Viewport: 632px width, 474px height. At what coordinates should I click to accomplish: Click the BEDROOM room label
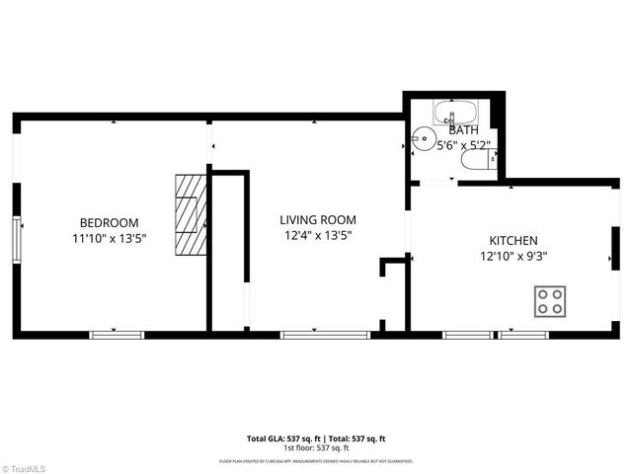(x=109, y=223)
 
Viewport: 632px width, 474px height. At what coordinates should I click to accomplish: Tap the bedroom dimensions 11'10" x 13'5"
(x=109, y=238)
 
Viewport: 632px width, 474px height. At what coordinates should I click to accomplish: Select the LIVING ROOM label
(x=317, y=220)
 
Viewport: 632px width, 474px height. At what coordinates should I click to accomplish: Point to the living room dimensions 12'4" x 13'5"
(x=317, y=235)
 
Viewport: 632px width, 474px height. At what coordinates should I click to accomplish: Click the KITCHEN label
(x=513, y=241)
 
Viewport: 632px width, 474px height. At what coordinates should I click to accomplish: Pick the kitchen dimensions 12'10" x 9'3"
(x=513, y=256)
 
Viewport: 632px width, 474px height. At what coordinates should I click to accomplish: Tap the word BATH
(x=463, y=129)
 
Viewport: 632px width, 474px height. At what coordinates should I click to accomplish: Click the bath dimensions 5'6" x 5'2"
(x=463, y=144)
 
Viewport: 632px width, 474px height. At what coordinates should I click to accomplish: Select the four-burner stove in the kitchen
(x=551, y=301)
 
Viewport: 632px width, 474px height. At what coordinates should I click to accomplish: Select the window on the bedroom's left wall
(x=15, y=242)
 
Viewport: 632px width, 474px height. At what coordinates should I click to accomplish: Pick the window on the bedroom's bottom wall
(x=117, y=335)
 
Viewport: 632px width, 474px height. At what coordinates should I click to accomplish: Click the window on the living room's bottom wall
(x=311, y=335)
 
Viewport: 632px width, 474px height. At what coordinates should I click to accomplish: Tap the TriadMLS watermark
(x=27, y=466)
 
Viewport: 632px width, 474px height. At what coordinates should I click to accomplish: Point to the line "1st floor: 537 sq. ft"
(x=316, y=447)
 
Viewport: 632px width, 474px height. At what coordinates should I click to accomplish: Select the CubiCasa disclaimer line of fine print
(x=316, y=461)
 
